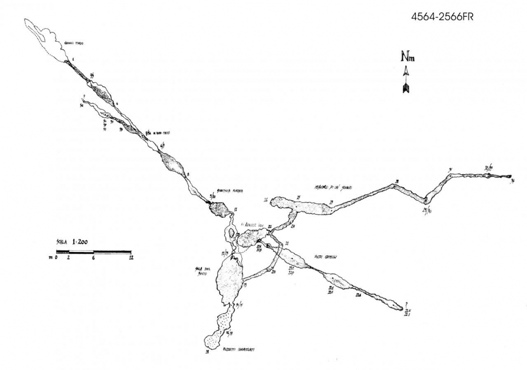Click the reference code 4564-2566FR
point(442,17)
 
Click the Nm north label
point(406,57)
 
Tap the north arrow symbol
point(406,82)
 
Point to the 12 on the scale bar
point(130,258)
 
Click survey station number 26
point(266,200)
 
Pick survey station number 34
point(513,181)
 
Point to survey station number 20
point(274,272)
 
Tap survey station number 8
point(188,174)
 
